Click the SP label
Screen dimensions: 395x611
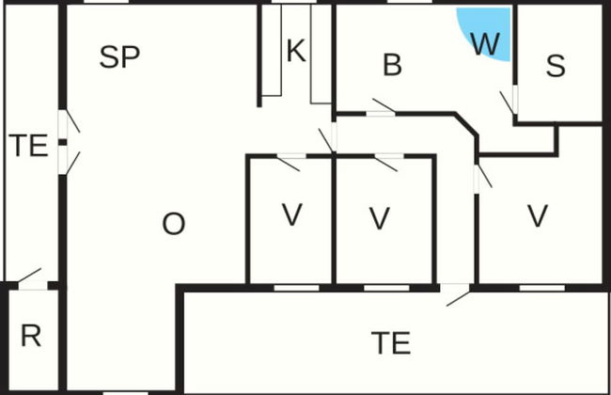[119, 57]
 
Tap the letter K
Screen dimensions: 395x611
[296, 52]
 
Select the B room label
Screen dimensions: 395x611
[393, 66]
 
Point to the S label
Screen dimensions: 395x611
[556, 66]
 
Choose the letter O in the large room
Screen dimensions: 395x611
[174, 224]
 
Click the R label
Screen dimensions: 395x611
[31, 338]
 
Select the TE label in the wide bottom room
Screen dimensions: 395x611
[391, 343]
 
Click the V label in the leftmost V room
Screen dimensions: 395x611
[291, 216]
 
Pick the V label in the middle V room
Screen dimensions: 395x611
[379, 218]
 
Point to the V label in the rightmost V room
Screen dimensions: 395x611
[537, 216]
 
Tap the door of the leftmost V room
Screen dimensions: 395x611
[287, 162]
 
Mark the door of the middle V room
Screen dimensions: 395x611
[385, 162]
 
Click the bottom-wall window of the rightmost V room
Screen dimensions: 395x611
[535, 286]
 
